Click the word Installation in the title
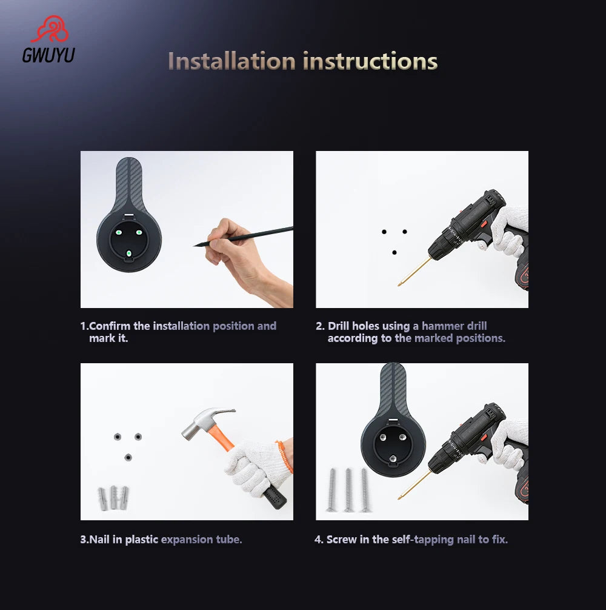(x=231, y=61)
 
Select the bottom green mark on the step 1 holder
(x=129, y=253)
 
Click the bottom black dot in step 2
(x=395, y=252)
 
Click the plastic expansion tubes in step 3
(x=113, y=497)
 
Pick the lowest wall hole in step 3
(x=128, y=457)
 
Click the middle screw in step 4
(x=348, y=490)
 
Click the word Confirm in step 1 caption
(x=110, y=326)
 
